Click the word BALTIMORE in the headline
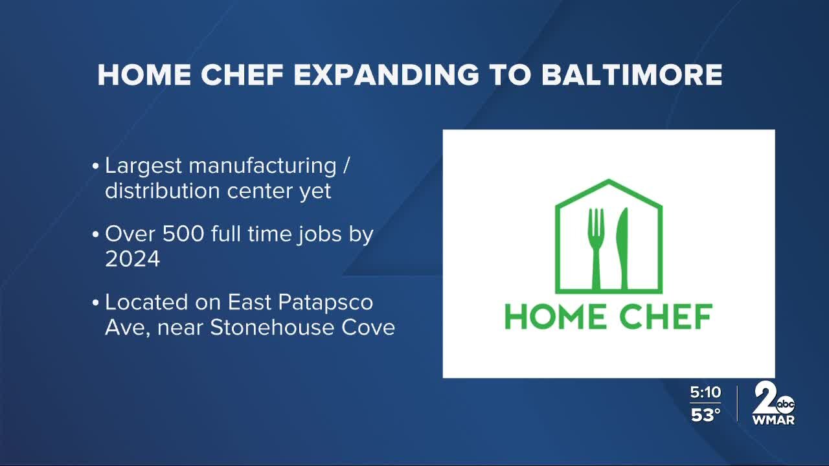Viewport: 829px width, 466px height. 631,75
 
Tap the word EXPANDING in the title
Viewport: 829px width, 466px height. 387,75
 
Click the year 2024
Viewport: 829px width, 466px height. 132,259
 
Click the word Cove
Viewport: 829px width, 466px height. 370,327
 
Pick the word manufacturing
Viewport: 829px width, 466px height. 262,166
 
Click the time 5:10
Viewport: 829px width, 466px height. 705,392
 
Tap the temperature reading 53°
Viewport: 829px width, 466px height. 705,415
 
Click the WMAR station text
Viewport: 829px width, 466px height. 773,420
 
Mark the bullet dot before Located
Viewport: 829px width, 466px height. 96,303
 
